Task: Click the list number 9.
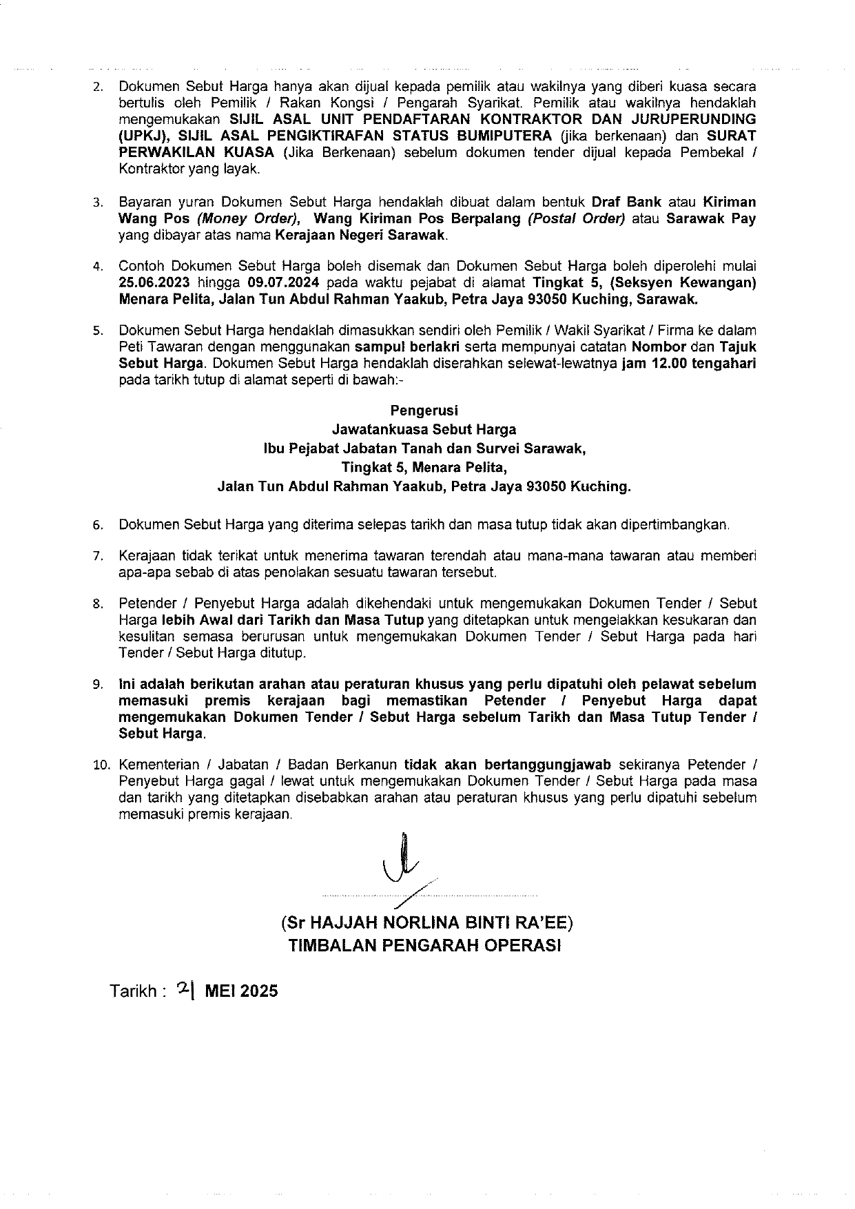coord(98,685)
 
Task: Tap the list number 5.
coord(98,331)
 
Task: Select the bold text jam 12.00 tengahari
coord(688,364)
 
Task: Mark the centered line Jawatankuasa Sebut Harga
coord(424,430)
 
